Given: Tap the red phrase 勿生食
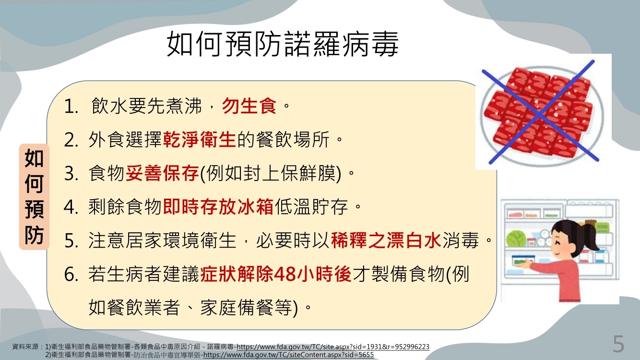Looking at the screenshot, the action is coord(249,106).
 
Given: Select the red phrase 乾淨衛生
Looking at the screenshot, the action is coord(200,140).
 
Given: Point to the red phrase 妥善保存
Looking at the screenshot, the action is coord(162,173).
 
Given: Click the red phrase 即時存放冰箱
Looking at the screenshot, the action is coord(218,207).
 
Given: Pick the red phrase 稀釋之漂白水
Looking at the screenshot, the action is coord(386,240).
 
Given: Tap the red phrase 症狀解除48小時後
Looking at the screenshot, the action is coord(276,274).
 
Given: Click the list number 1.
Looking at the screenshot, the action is coord(71,107).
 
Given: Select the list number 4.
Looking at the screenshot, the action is coord(71,207).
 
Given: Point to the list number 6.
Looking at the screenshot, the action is coord(71,275).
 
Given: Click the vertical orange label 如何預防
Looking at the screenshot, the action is coord(34,197).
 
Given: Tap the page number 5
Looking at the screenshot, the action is coord(618,344).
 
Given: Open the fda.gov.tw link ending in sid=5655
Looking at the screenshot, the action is coord(288,355).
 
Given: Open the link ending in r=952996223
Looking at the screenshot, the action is coord(333,347).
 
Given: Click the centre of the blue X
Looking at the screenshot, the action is coord(539,114).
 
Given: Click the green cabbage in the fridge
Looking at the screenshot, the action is coord(516,238).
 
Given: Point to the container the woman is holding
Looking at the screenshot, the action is coord(522,260).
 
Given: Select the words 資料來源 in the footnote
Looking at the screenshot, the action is coord(25,347).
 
